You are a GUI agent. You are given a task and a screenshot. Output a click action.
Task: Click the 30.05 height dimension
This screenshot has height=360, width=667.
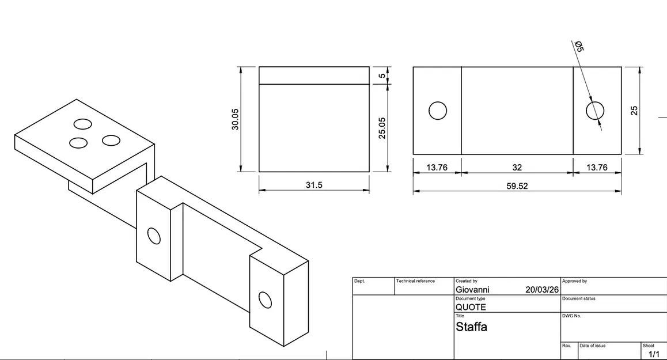(x=235, y=119)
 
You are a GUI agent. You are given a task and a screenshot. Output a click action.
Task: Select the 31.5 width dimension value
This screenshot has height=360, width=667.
(x=314, y=185)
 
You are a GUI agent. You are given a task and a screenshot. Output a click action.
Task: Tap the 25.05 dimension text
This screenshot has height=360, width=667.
(x=382, y=128)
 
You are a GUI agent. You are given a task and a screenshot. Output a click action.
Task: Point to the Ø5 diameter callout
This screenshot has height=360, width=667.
(x=579, y=46)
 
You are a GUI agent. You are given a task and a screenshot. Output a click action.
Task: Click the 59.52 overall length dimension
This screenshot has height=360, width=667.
(x=517, y=186)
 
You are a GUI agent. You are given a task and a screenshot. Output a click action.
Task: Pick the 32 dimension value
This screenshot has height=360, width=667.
(x=517, y=168)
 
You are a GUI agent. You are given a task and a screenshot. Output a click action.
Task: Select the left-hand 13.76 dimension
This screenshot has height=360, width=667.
(x=437, y=168)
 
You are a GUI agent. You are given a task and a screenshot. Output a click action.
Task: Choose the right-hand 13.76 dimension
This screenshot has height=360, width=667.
(x=597, y=168)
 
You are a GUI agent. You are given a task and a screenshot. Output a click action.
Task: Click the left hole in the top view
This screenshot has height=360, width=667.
(x=438, y=111)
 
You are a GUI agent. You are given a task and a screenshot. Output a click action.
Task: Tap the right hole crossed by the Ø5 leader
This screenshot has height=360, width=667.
(x=595, y=110)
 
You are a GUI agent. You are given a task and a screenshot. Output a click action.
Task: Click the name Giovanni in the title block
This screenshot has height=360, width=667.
(x=472, y=289)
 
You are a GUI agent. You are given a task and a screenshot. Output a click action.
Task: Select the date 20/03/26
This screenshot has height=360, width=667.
(x=542, y=289)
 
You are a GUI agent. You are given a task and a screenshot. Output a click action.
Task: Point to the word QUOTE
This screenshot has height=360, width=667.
(x=471, y=307)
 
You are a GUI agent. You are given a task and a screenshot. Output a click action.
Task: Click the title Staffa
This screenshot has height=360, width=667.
(x=471, y=327)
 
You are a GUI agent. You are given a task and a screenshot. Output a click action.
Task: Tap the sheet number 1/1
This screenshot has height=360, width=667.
(x=654, y=354)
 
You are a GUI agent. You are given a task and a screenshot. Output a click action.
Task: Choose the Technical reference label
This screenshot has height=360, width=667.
(x=415, y=281)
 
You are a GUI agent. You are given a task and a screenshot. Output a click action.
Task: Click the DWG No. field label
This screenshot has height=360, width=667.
(x=572, y=316)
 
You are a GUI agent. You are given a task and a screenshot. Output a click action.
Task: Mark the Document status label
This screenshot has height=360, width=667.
(x=579, y=298)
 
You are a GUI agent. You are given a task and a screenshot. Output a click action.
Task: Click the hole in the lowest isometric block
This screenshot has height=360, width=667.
(x=265, y=300)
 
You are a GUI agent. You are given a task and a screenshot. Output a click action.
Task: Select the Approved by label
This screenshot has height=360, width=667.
(x=574, y=281)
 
